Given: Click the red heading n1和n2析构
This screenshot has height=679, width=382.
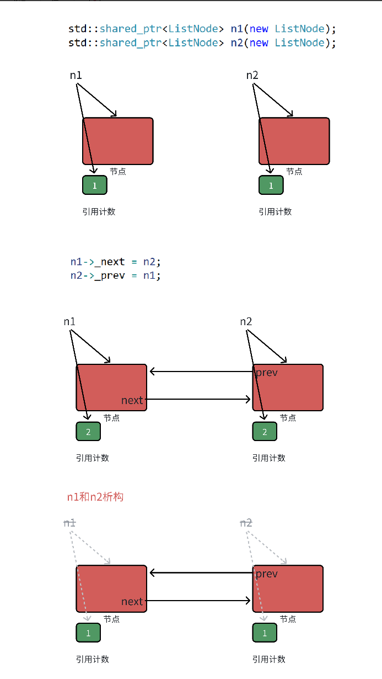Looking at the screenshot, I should (x=95, y=497).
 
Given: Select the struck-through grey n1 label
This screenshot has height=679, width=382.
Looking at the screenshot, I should (x=69, y=523).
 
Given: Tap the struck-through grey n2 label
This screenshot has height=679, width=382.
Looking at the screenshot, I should (x=246, y=523).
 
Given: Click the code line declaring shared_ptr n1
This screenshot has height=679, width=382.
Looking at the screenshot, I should (x=202, y=29).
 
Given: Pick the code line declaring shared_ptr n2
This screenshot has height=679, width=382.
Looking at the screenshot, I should (x=202, y=43).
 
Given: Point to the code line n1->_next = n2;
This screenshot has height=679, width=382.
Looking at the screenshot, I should (x=115, y=261).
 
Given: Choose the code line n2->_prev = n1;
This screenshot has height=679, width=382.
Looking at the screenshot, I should (x=115, y=275).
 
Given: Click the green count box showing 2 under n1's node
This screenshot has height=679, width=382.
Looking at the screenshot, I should (x=88, y=432).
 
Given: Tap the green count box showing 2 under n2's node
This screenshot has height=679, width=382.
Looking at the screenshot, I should (x=265, y=432).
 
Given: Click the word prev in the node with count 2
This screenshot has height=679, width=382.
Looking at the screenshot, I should (x=266, y=373).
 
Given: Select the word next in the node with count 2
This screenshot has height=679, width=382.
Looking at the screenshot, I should (x=132, y=400).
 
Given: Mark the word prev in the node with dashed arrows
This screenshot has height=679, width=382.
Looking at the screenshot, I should (x=266, y=574).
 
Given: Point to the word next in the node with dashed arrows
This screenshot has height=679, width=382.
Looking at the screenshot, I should (x=132, y=602).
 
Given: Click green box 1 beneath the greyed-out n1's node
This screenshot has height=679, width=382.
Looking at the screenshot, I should (x=88, y=633).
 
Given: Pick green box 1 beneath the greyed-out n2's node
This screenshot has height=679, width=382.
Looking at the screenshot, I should (x=265, y=633).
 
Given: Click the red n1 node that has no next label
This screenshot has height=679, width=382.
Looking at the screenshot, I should (x=117, y=141).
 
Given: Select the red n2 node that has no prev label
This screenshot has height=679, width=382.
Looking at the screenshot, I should (x=294, y=141).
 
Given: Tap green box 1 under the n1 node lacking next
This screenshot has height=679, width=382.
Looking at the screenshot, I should (x=95, y=185).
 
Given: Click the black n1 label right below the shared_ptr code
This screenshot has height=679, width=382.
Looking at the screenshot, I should (x=76, y=75).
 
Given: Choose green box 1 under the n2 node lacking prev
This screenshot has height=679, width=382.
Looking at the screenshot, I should (x=271, y=185).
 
